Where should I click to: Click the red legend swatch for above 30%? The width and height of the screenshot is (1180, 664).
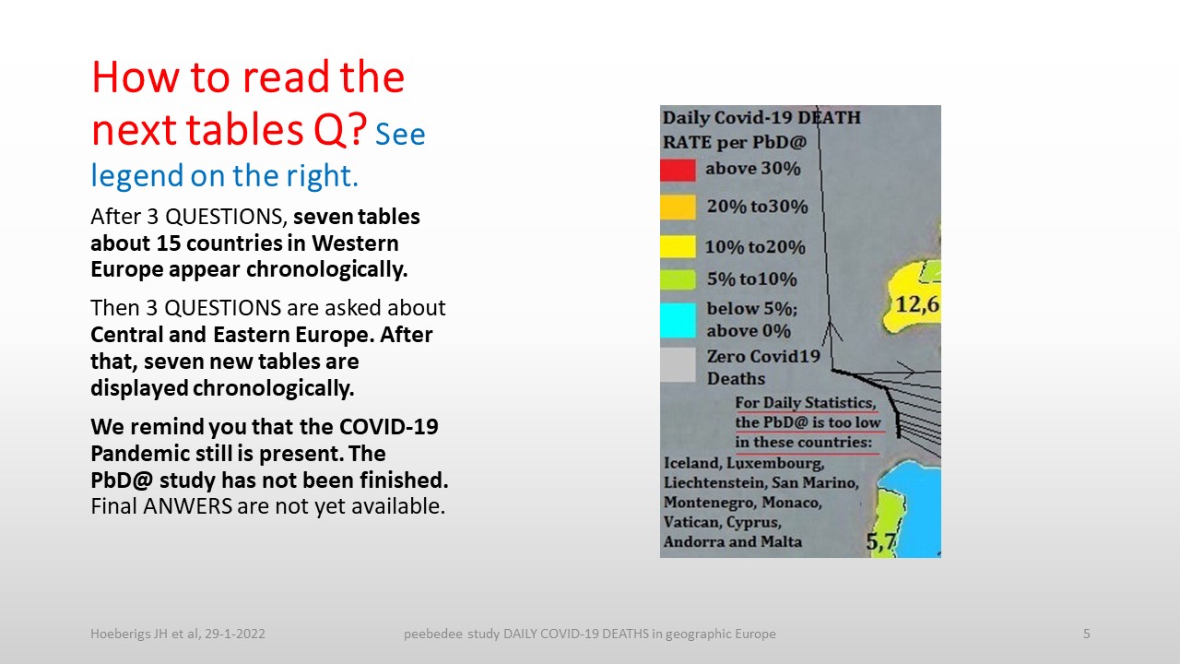[x=678, y=171]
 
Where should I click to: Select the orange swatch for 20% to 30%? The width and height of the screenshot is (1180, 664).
[x=678, y=207]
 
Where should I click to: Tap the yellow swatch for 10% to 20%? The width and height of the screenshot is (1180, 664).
[x=678, y=246]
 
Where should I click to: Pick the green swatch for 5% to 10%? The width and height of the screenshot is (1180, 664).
[x=678, y=279]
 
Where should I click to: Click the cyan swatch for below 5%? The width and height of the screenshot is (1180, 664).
[x=678, y=320]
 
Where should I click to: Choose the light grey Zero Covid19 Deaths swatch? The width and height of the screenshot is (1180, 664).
[x=678, y=364]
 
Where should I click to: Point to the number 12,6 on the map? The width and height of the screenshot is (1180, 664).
[x=917, y=304]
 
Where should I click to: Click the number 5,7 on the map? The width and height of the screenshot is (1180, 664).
[x=880, y=541]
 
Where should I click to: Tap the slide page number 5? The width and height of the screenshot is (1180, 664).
[x=1086, y=634]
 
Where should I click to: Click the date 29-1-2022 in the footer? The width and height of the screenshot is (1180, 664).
[x=235, y=634]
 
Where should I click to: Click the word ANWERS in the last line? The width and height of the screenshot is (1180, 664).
[x=187, y=506]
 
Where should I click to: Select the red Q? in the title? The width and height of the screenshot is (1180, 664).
[x=340, y=130]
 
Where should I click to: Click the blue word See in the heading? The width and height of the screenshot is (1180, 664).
[x=400, y=135]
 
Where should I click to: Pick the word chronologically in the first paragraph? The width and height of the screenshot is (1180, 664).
[x=326, y=270]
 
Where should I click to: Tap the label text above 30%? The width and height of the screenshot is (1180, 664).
[x=753, y=169]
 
